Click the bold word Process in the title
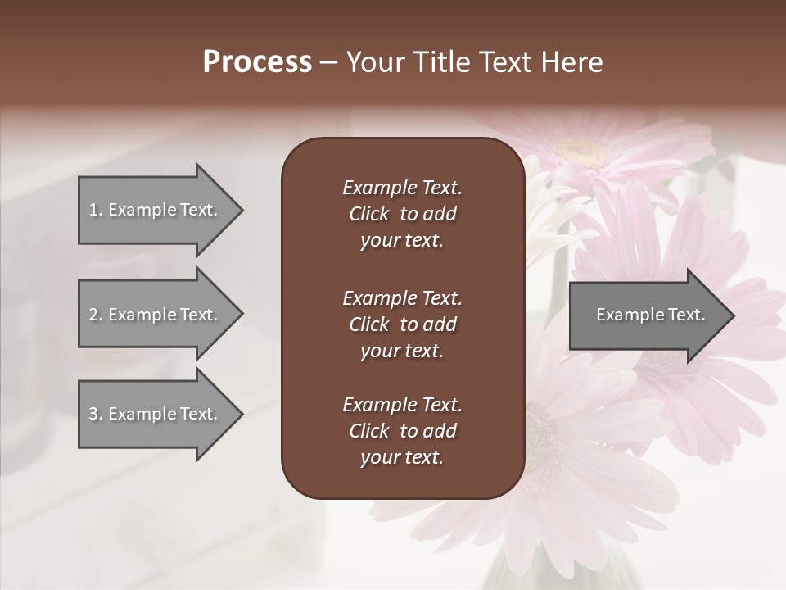257,62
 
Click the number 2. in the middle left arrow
95,315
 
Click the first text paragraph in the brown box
402,214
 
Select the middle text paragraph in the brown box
402,324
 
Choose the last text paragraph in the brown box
402,431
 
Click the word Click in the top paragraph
368,214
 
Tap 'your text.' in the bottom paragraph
402,458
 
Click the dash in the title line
328,62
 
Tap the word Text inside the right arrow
687,315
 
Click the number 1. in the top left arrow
95,210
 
